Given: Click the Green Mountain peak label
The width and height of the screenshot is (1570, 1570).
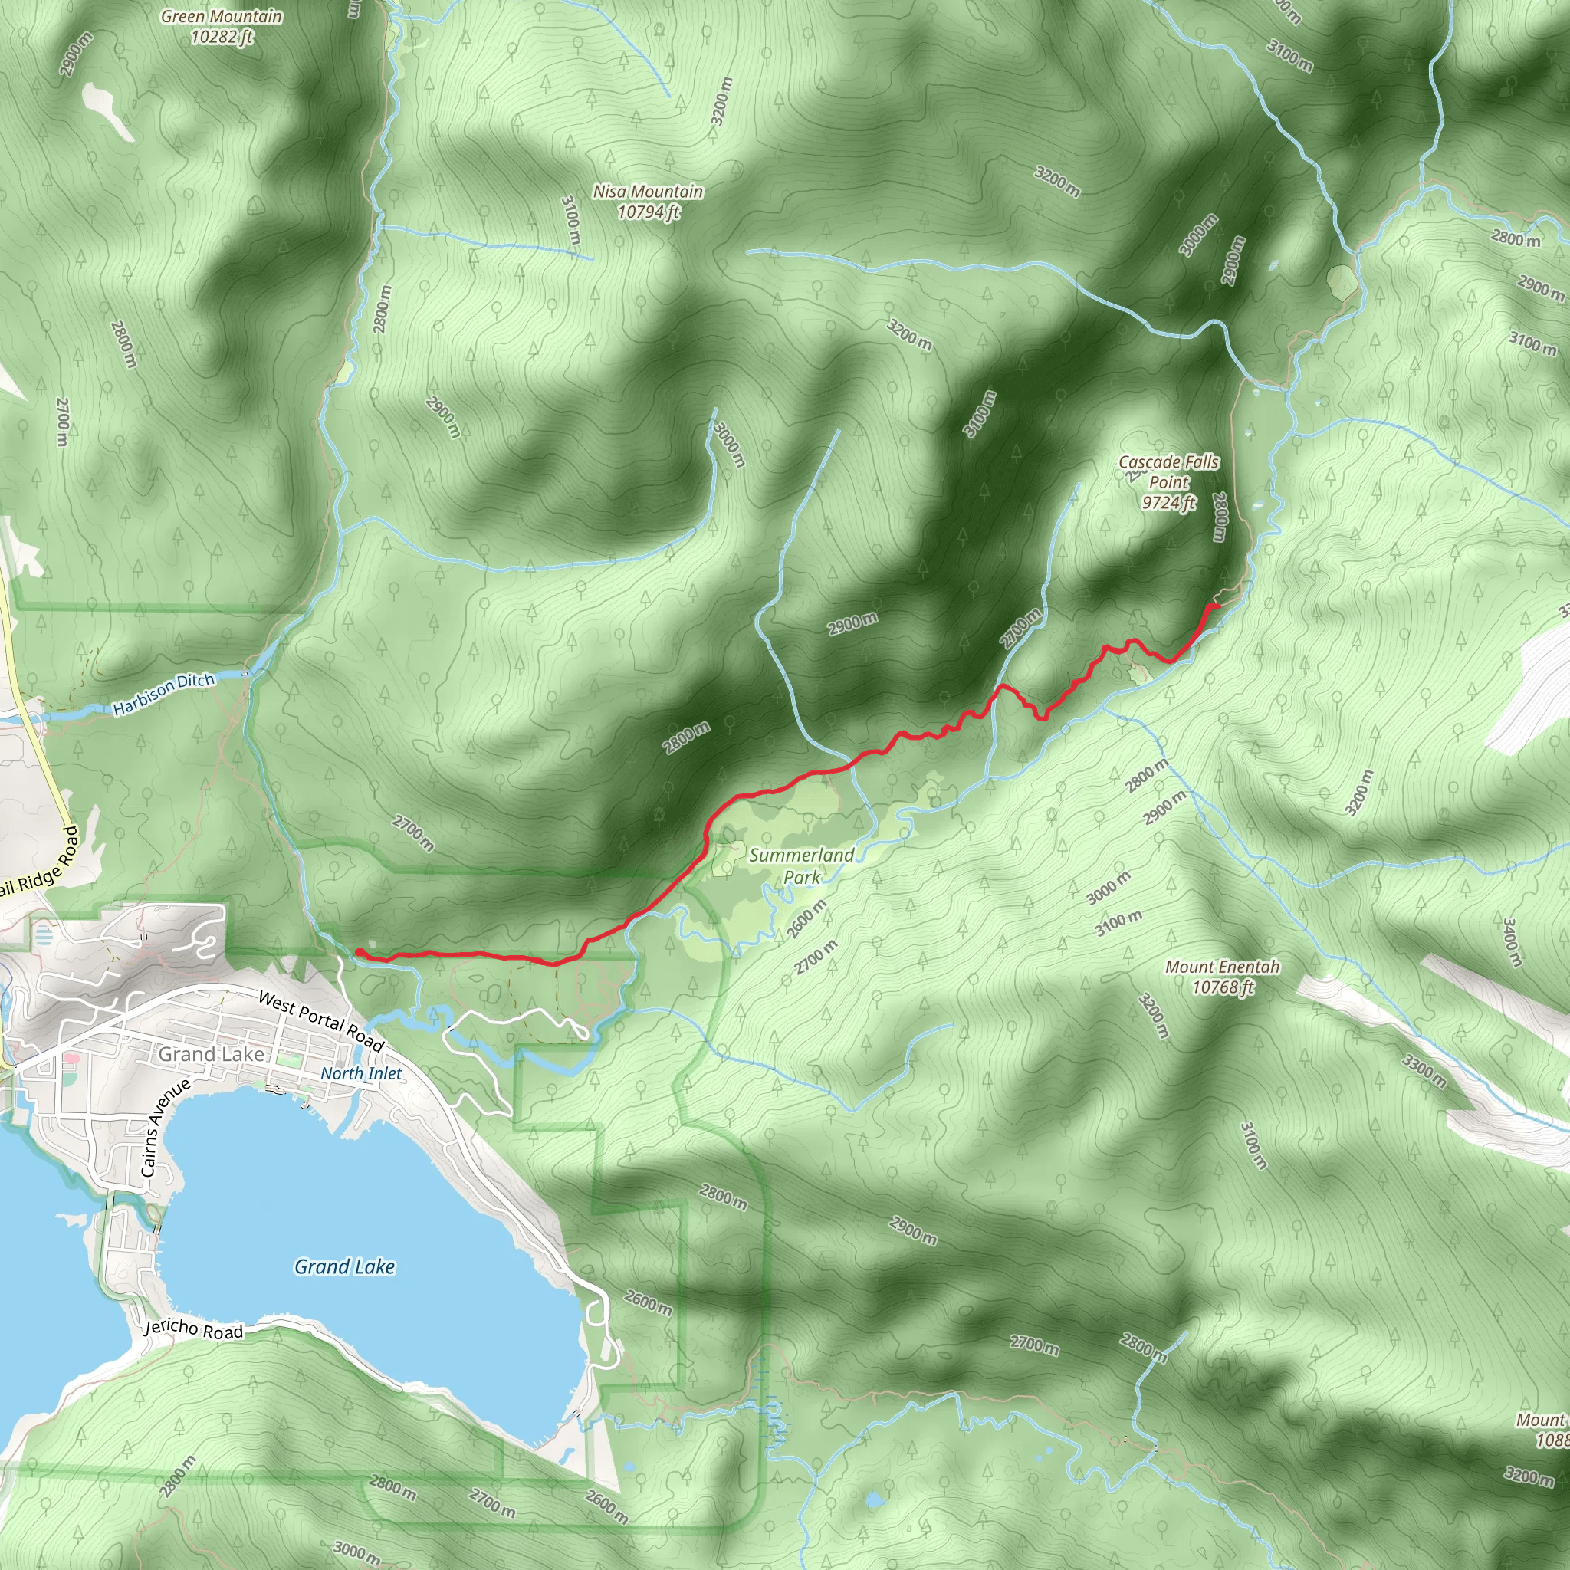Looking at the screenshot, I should [221, 26].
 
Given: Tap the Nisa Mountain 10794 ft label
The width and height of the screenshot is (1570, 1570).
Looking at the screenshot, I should [648, 202].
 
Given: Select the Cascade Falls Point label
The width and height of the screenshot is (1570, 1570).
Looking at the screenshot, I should [1168, 482].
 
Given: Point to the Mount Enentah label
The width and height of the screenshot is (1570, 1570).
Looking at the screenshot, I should [1222, 977].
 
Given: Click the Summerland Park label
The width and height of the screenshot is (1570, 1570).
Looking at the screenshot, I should [801, 865].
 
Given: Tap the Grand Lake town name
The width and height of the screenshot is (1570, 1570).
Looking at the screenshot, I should [212, 1054].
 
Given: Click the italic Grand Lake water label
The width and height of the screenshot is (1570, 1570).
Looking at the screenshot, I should [344, 1266].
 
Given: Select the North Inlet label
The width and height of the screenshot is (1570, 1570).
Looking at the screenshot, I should [361, 1073].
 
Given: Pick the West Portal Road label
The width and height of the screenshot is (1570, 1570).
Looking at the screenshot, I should [321, 1020].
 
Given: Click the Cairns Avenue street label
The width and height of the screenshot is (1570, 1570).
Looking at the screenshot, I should [165, 1127].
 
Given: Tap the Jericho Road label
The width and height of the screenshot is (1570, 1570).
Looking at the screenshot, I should [193, 1329].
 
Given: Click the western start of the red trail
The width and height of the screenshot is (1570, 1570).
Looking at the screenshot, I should [358, 951].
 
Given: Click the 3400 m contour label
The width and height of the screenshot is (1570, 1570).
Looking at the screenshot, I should [1510, 942].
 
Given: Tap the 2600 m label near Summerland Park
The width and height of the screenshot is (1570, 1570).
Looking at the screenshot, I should [806, 918].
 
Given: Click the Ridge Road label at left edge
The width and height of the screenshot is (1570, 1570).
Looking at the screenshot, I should [38, 862].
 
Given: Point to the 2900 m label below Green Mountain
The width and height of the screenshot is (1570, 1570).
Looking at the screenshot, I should [76, 54].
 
